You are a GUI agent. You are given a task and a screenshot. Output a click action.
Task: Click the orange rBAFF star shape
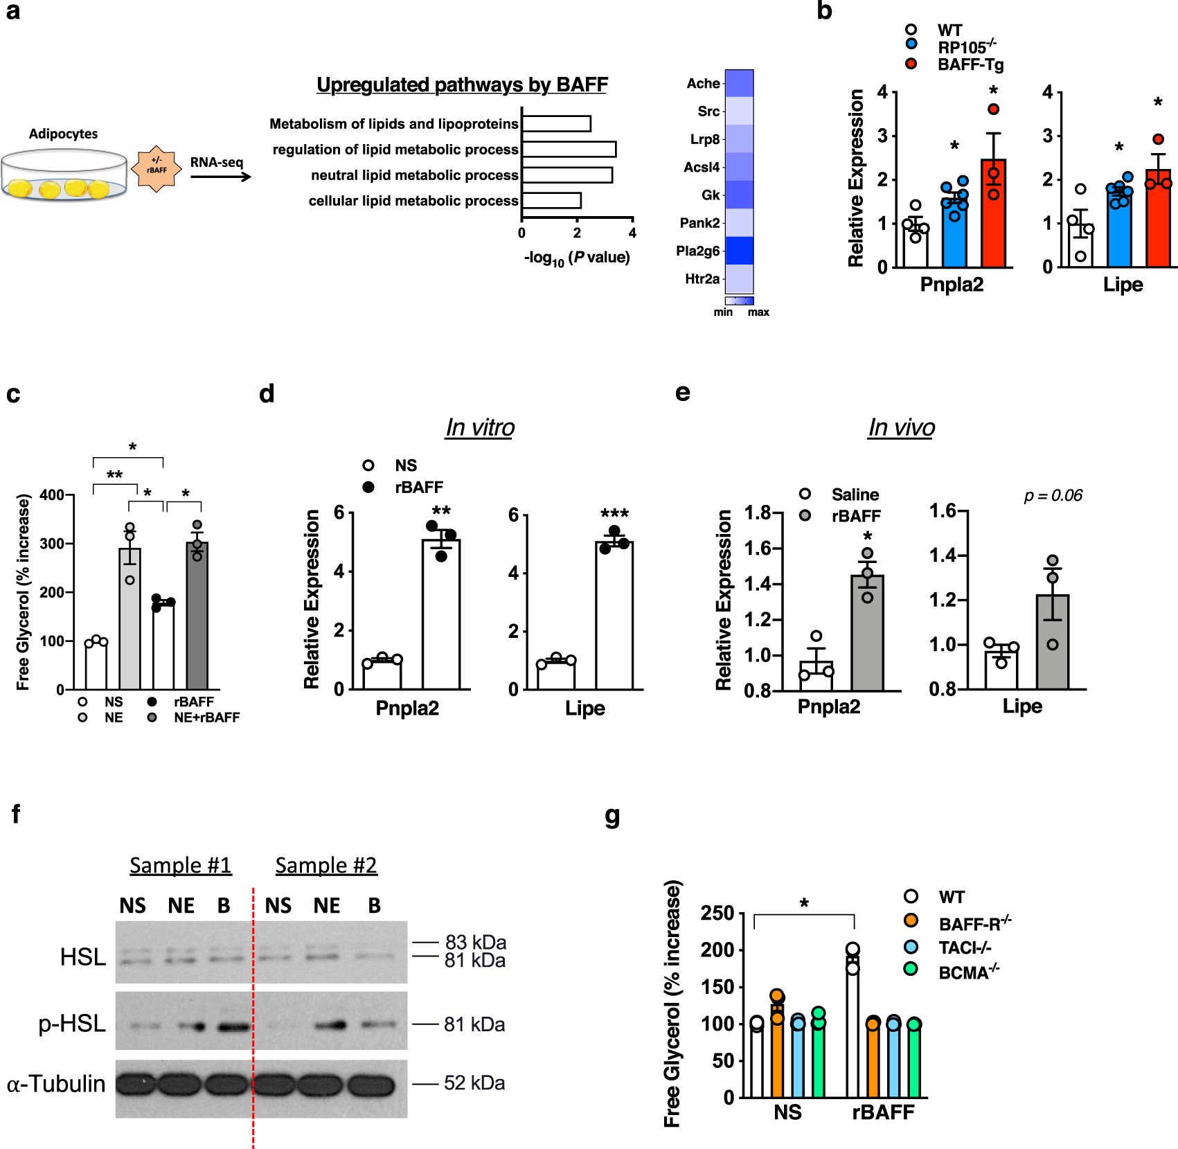pyautogui.click(x=157, y=168)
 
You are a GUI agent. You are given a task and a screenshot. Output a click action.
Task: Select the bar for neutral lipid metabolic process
pyautogui.click(x=566, y=175)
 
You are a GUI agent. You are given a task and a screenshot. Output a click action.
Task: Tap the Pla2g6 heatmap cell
pyautogui.click(x=739, y=251)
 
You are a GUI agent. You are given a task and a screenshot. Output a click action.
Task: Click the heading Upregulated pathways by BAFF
pyautogui.click(x=462, y=84)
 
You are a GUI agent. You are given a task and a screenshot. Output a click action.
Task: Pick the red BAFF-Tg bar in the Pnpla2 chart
pyautogui.click(x=993, y=213)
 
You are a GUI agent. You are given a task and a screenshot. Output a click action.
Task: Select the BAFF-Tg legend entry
pyautogui.click(x=970, y=64)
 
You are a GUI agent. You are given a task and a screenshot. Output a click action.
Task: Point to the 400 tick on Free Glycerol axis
pyautogui.click(x=53, y=495)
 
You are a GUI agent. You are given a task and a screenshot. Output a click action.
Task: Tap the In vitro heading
pyautogui.click(x=480, y=427)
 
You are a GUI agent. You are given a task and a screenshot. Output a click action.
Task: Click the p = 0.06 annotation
pyautogui.click(x=1053, y=495)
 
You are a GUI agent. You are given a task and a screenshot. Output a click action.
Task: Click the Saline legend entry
pyautogui.click(x=855, y=495)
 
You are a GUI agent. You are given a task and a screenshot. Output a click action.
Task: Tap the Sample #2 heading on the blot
pyautogui.click(x=325, y=865)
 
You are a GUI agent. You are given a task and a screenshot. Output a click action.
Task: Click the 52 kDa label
pyautogui.click(x=474, y=1083)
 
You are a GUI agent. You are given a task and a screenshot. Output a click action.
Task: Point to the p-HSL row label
pyautogui.click(x=72, y=1024)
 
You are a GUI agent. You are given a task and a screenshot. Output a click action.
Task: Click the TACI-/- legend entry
pyautogui.click(x=964, y=947)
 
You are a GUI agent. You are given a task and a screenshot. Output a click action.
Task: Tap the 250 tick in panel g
pyautogui.click(x=717, y=914)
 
